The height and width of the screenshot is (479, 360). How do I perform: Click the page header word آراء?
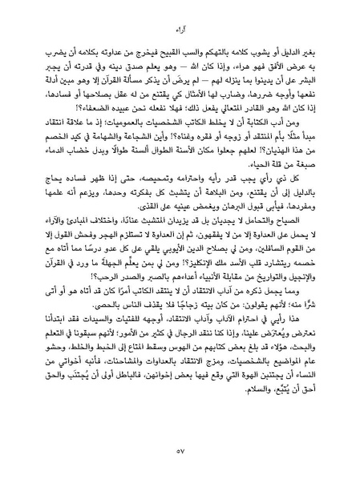pyautogui.click(x=180, y=30)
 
